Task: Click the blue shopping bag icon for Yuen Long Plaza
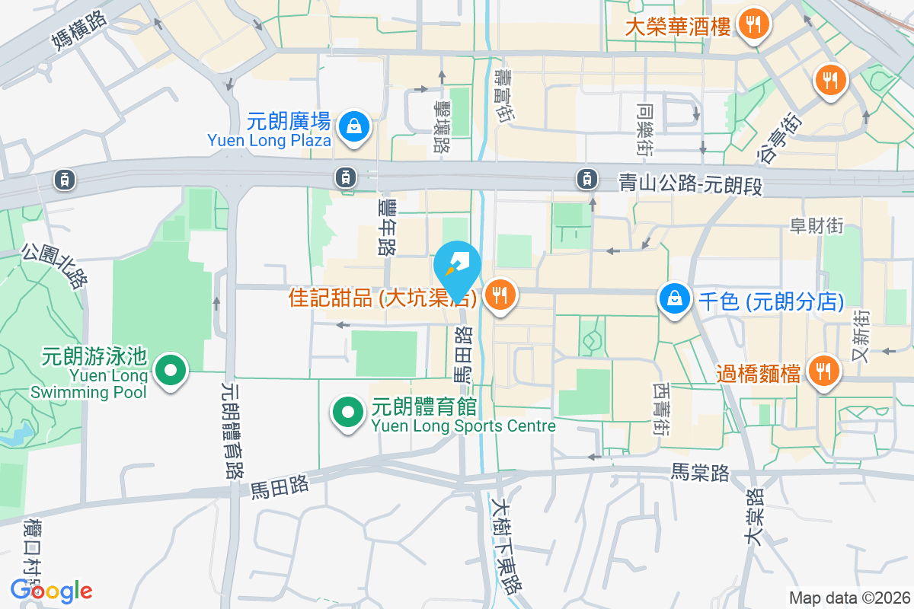(x=354, y=128)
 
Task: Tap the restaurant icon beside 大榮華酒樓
(x=753, y=24)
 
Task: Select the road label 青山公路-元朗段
(x=690, y=183)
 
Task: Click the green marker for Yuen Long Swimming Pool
(x=171, y=371)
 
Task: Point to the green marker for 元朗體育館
(x=348, y=413)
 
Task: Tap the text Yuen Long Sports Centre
(x=464, y=426)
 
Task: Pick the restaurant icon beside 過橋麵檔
(x=823, y=371)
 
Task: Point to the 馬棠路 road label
(x=700, y=473)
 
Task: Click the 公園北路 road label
(x=53, y=266)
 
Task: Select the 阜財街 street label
(x=816, y=225)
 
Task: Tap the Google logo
(x=52, y=591)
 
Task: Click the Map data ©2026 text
(x=848, y=598)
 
